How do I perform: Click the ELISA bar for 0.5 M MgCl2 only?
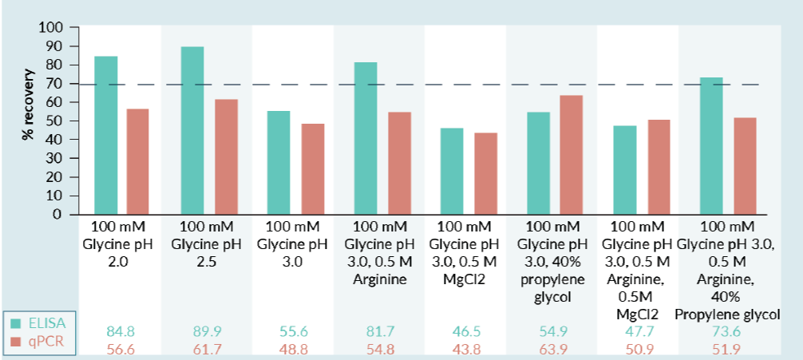coord(452,171)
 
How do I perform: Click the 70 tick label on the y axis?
coord(53,84)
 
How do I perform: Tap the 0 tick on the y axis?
coord(57,215)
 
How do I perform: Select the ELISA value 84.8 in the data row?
coord(121,330)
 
